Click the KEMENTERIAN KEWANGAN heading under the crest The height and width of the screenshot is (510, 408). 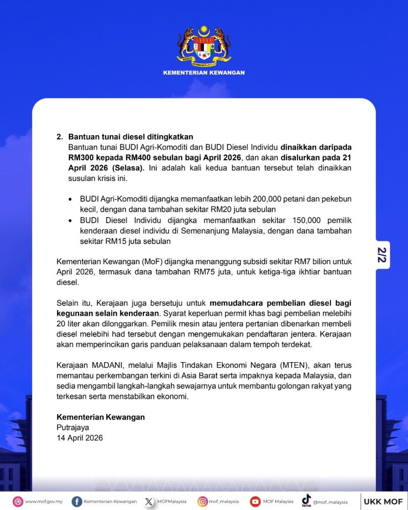[203, 73]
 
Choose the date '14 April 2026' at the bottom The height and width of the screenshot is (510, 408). [80, 438]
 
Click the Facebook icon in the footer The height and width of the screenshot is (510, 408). [77, 501]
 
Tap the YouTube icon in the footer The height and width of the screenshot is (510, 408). [255, 501]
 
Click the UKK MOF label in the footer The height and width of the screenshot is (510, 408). [383, 501]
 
